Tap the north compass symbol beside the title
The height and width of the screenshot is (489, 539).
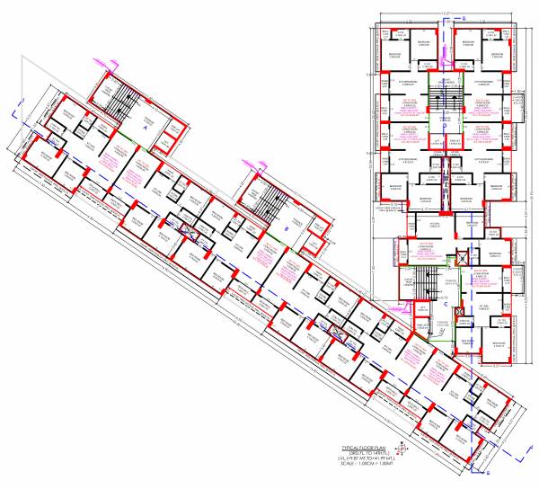pyautogui.click(x=403, y=449)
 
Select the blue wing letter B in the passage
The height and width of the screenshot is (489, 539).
pyautogui.click(x=286, y=229)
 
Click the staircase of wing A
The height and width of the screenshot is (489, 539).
pyautogui.click(x=117, y=101)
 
